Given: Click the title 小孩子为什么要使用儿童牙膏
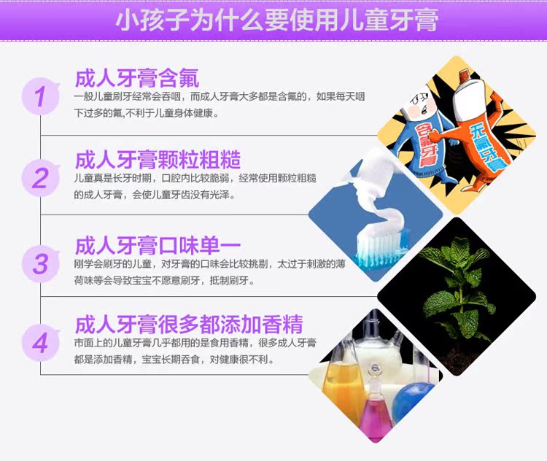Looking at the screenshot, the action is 276,20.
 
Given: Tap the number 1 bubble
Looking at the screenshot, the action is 40,97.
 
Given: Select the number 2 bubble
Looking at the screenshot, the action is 40,178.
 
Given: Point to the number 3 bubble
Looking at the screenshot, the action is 40,263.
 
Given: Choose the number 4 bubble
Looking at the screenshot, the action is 40,343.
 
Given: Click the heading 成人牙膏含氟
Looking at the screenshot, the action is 137,78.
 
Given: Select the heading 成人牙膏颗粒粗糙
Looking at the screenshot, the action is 158,160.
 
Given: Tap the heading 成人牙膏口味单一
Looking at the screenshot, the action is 158,245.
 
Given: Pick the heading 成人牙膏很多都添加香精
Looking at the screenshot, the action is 189,324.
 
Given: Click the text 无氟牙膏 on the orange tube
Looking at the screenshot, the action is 486,147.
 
